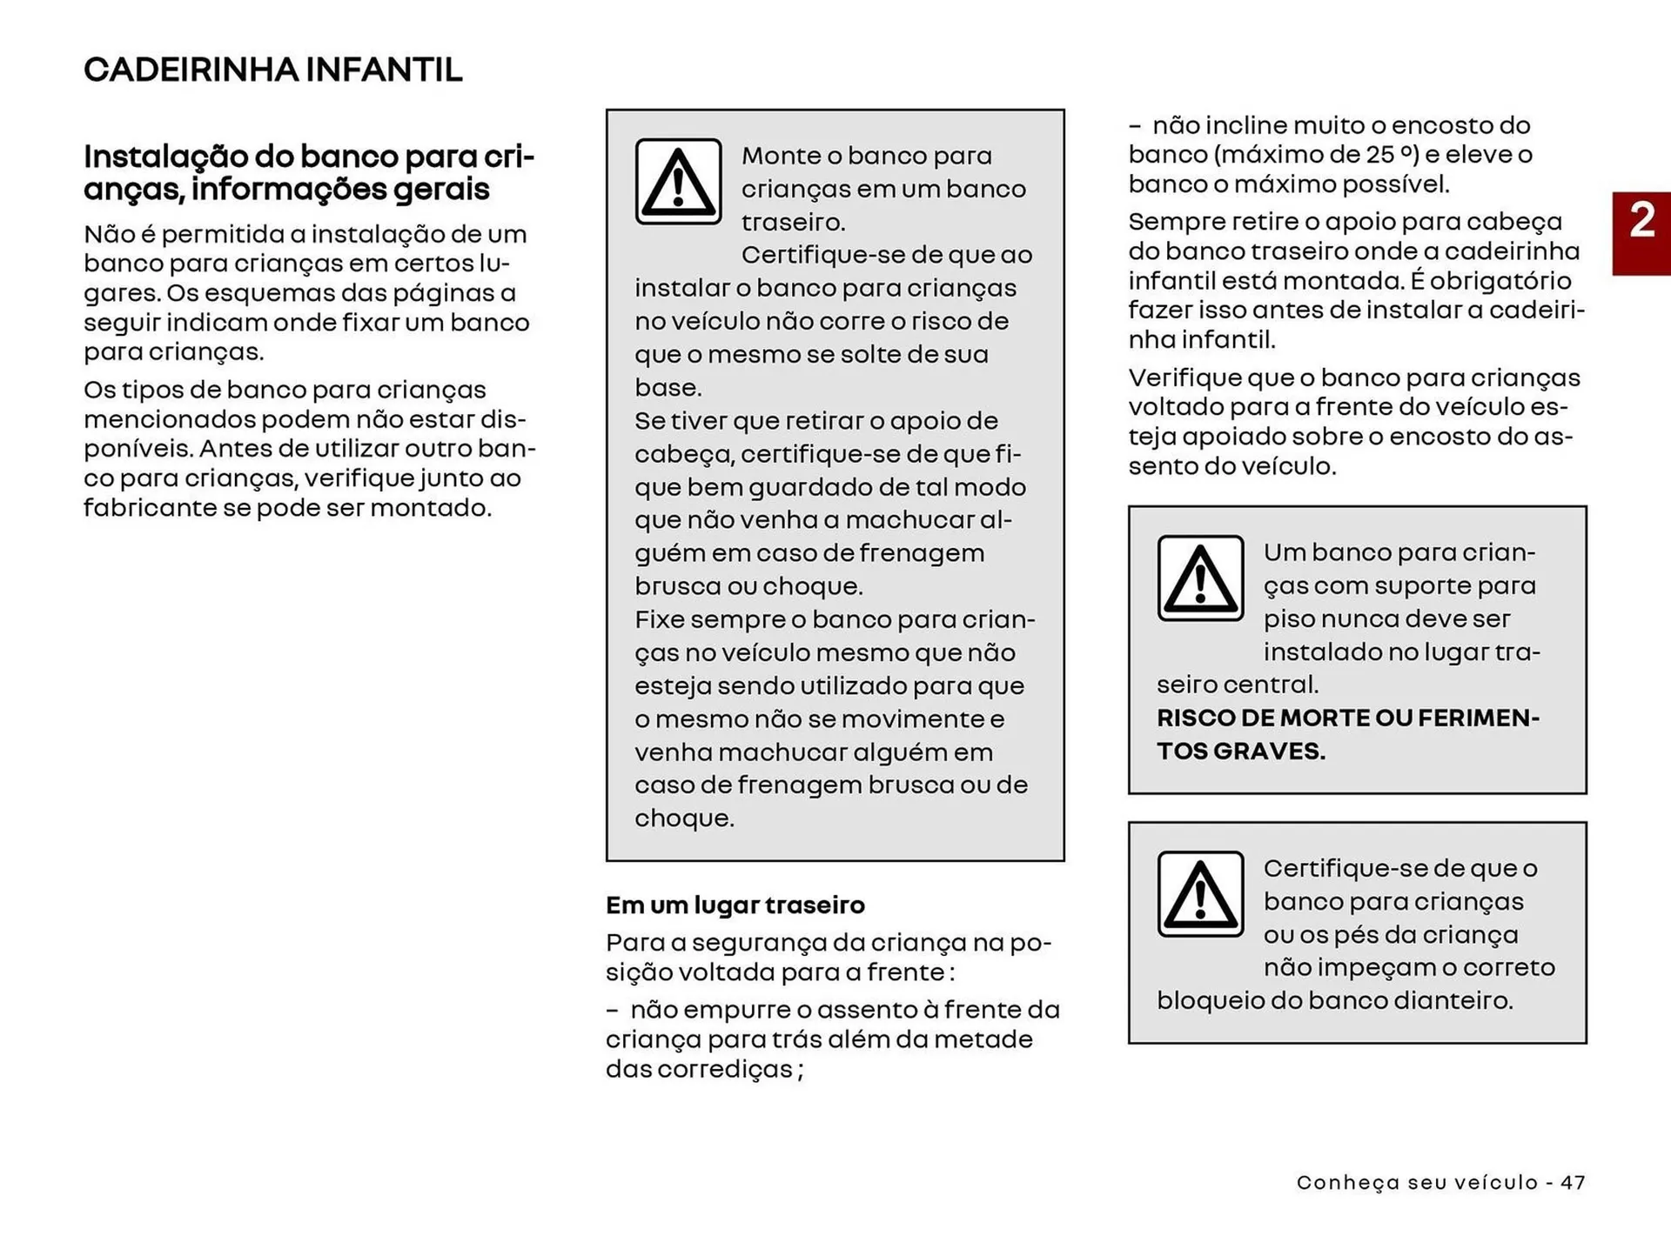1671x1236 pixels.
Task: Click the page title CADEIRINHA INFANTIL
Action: pyautogui.click(x=272, y=70)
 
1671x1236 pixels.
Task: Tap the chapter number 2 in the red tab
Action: pyautogui.click(x=1641, y=221)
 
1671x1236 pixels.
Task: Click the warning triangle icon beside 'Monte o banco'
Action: pyautogui.click(x=678, y=182)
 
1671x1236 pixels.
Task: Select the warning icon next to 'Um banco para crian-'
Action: pyautogui.click(x=1200, y=578)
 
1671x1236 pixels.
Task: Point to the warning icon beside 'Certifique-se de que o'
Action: pyautogui.click(x=1200, y=894)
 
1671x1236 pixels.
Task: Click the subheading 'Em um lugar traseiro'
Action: pyautogui.click(x=735, y=905)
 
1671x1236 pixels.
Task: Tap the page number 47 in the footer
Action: pyautogui.click(x=1573, y=1183)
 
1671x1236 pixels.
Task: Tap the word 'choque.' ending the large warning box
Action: pyautogui.click(x=684, y=818)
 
